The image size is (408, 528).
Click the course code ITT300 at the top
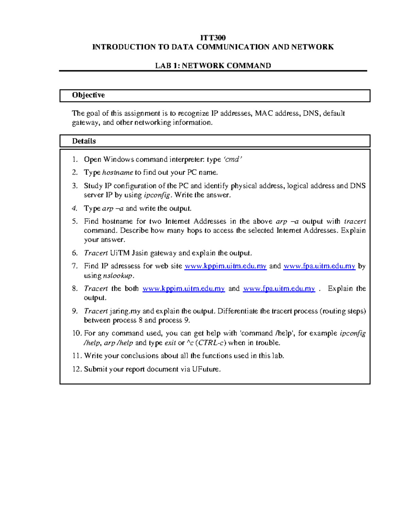pyautogui.click(x=213, y=37)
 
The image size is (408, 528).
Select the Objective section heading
pyautogui.click(x=88, y=95)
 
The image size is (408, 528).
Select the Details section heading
pyautogui.click(x=84, y=141)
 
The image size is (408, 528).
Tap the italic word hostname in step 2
pyautogui.click(x=118, y=173)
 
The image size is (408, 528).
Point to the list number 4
pyautogui.click(x=75, y=208)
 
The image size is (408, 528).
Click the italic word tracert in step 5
pyautogui.click(x=355, y=222)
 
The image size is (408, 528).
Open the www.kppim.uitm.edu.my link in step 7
pyautogui.click(x=225, y=266)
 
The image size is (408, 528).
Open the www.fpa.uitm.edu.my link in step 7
pyautogui.click(x=319, y=266)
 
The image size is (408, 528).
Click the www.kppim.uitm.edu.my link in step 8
pyautogui.click(x=184, y=289)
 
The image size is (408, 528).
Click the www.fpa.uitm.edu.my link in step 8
pyautogui.click(x=279, y=289)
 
